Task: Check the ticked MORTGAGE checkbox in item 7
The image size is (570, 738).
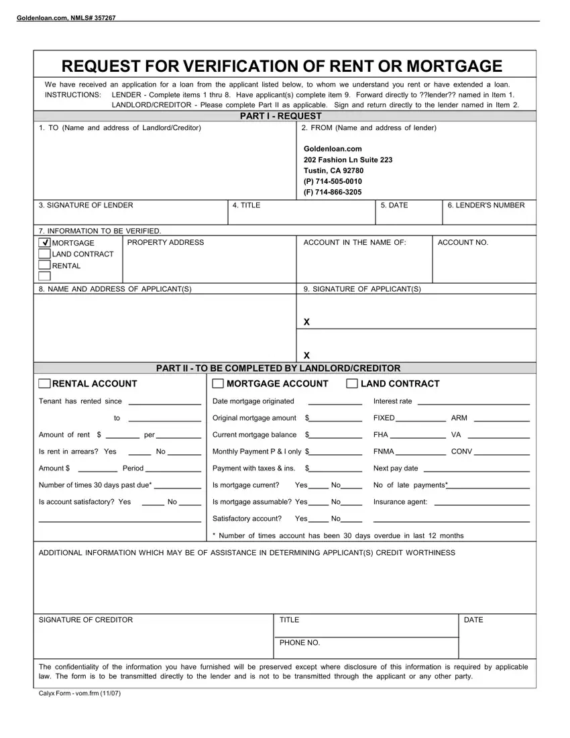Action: tap(44, 243)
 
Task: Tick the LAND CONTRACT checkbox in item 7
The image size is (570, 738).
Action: tap(44, 254)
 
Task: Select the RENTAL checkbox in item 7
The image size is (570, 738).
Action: tap(44, 266)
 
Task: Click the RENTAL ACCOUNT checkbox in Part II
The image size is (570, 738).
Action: tap(44, 384)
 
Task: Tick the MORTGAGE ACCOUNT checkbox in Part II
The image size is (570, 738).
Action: tap(218, 384)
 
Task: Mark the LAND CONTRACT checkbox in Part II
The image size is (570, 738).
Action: tap(352, 384)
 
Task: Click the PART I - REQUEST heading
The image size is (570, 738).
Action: tap(281, 116)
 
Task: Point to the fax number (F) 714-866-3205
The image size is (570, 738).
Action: tap(333, 192)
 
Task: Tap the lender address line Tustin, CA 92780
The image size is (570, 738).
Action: tap(333, 170)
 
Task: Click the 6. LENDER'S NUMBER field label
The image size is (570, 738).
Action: tap(486, 205)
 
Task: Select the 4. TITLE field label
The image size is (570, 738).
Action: tap(246, 205)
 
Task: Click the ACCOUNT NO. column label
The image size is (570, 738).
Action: tap(463, 242)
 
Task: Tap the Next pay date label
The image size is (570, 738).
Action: tap(396, 468)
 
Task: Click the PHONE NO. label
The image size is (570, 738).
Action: tap(300, 643)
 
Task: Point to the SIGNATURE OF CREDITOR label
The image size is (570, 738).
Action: tap(86, 620)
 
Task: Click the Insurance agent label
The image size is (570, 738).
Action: tap(400, 502)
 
